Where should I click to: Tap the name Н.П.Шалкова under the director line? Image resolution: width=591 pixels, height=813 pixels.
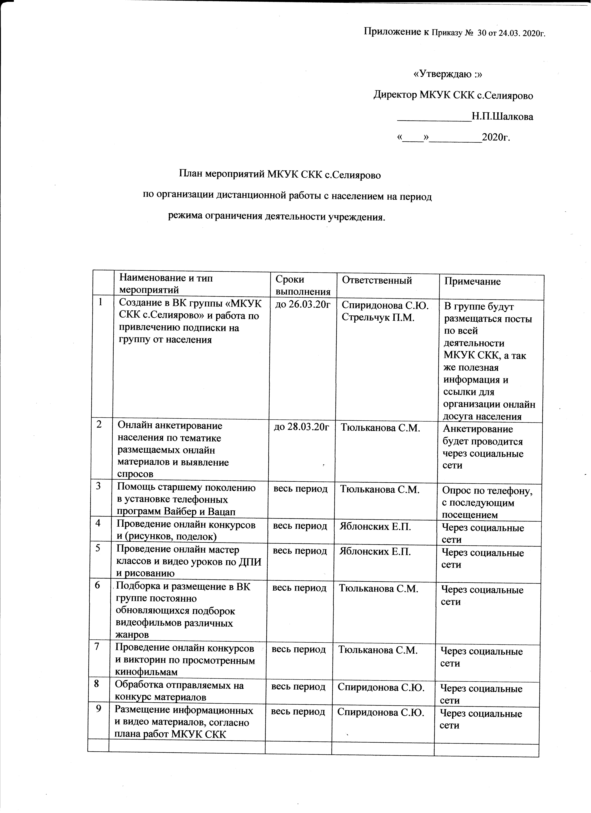(502, 116)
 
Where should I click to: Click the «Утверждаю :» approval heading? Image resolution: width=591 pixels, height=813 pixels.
(448, 74)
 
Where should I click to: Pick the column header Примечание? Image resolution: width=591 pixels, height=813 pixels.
(472, 281)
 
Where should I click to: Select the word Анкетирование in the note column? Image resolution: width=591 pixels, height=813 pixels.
(478, 429)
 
